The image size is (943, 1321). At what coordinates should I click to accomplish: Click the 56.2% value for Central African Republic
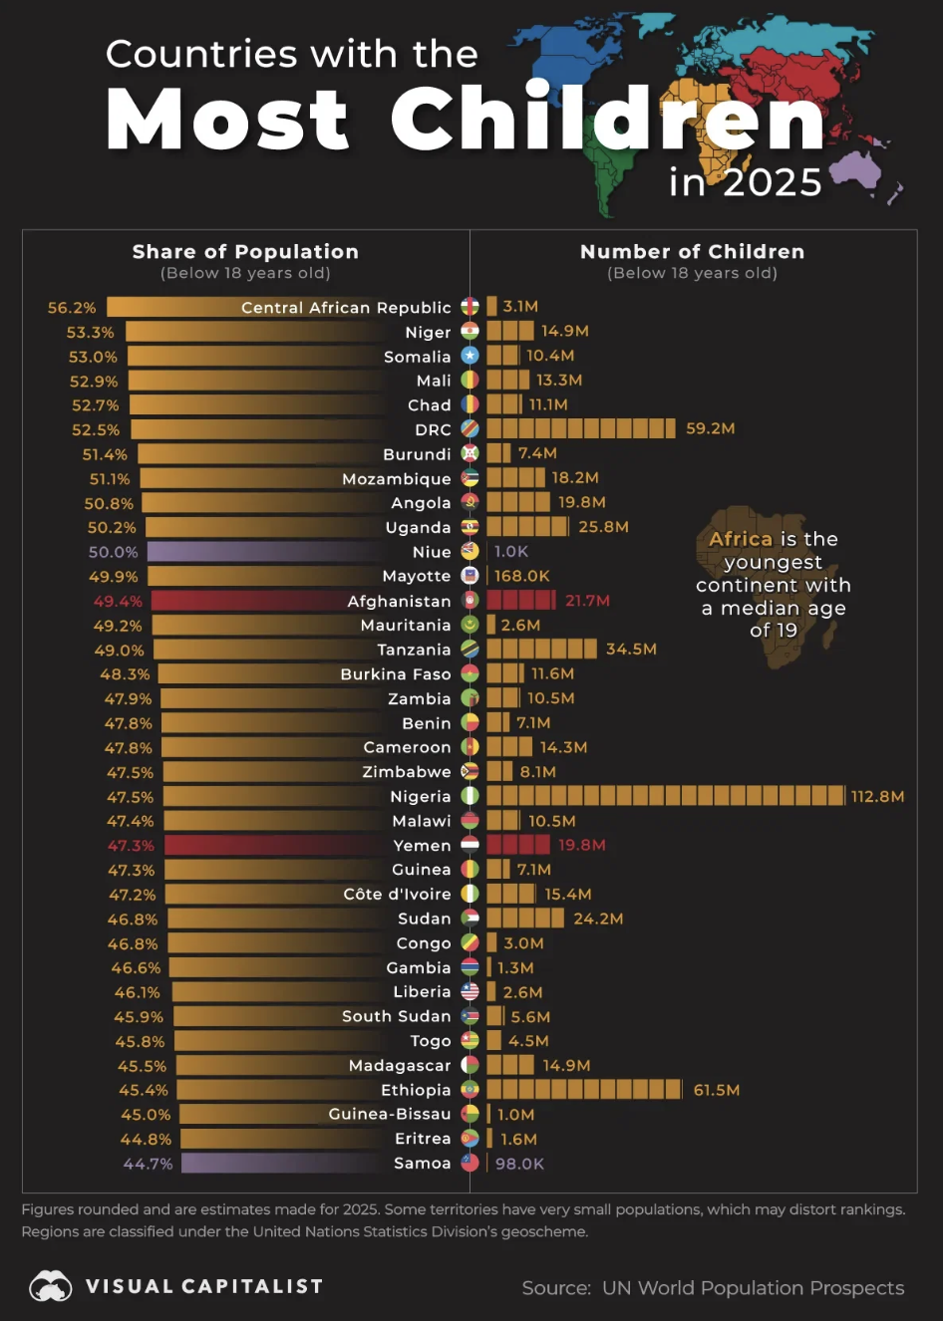coord(72,308)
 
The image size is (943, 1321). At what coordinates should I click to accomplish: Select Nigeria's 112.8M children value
coord(877,796)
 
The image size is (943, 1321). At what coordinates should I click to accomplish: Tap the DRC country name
coord(433,429)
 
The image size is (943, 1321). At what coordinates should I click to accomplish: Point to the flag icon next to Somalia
coord(470,356)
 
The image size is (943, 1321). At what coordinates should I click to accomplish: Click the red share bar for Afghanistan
coord(249,601)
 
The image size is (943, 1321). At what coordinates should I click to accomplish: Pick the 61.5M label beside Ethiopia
coord(716,1090)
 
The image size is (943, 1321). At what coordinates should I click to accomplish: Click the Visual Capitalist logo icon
coord(50,1286)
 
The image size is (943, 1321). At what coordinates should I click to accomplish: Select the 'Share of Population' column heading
coord(245,252)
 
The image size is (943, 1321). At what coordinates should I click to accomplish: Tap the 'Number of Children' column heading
coord(692,252)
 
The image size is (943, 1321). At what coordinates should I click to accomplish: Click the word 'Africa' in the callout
coord(741,539)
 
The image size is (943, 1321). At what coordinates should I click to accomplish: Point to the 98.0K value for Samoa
coord(519,1164)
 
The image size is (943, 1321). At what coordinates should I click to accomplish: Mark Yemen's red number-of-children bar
coord(517,845)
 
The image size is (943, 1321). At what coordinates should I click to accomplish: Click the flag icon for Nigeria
coord(470,796)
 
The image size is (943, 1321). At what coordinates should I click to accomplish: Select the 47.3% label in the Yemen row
coord(131,845)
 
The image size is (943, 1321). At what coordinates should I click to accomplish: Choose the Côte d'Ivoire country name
coord(397,894)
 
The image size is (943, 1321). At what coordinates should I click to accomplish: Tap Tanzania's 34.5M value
coord(631,649)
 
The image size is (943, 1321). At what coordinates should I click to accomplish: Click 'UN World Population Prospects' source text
coord(753,1288)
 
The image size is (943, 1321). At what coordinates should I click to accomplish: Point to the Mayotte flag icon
coord(470,576)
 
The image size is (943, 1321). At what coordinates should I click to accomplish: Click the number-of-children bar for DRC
coord(580,428)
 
